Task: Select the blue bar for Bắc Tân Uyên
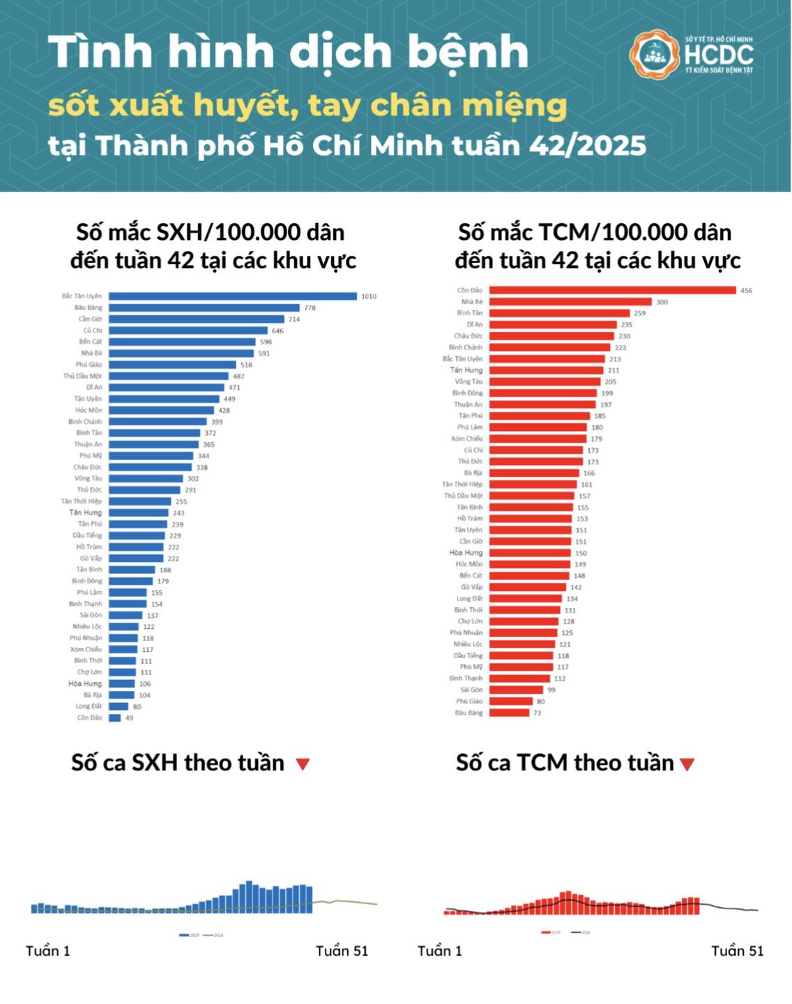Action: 232,296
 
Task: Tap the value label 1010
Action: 369,296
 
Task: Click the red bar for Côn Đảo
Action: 612,290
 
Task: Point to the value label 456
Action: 746,291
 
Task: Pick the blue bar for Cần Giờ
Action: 196,319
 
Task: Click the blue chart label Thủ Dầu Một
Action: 82,376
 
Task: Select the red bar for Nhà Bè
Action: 570,302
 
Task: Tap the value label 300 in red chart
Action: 662,302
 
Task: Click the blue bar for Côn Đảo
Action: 115,717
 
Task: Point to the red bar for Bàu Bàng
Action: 509,713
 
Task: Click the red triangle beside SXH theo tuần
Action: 303,764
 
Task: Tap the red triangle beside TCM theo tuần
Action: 687,764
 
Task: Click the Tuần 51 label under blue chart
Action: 342,951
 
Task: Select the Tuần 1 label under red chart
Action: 439,951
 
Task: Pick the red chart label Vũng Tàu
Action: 469,381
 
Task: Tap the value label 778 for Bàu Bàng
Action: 310,307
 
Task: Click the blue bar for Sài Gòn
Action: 125,615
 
